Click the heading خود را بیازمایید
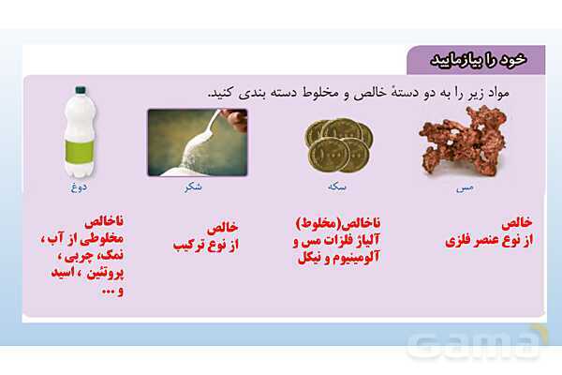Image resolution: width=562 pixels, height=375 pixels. (477, 59)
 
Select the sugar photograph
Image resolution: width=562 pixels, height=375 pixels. (197, 142)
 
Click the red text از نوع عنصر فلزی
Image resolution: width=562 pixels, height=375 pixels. (488, 240)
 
